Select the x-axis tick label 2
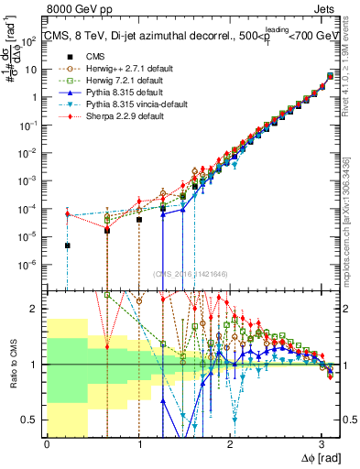(231, 444)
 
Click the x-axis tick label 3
(322, 444)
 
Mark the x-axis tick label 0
(47, 444)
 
